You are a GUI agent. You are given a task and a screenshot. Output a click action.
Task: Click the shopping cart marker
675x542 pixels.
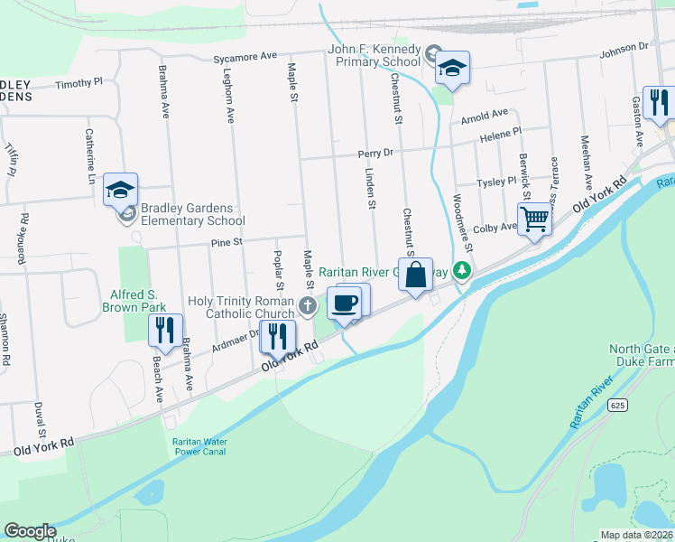[x=534, y=219]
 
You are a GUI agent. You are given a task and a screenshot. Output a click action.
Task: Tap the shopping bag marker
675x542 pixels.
[x=416, y=275]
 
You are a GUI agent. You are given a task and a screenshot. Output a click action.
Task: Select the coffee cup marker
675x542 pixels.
[x=344, y=302]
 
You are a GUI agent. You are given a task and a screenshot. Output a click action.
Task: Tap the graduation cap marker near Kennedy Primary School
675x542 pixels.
[x=452, y=68]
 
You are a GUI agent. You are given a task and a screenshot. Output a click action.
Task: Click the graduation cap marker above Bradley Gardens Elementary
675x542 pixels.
[x=120, y=190]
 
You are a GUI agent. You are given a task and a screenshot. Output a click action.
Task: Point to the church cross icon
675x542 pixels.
[x=309, y=304]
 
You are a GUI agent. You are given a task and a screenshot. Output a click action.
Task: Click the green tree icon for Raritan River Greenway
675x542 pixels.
[x=463, y=270]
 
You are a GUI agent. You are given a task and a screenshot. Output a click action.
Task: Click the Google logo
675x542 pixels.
[x=30, y=531]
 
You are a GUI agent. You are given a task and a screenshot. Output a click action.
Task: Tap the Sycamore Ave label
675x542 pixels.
[x=245, y=57]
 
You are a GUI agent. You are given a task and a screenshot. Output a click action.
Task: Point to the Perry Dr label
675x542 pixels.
[x=376, y=153]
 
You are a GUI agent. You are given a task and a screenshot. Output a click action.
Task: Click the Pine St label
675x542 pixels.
[x=227, y=242]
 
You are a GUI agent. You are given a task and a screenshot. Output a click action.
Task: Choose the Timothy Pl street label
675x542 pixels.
[x=79, y=83]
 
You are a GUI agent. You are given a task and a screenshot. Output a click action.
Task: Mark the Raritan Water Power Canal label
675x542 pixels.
[x=199, y=446]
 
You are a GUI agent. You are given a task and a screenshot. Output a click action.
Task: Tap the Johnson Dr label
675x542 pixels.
[x=625, y=46]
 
